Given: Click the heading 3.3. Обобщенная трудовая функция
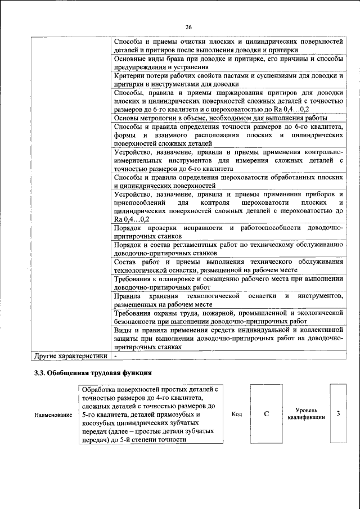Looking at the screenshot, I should tap(93, 372).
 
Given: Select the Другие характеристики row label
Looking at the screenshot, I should tap(70, 355).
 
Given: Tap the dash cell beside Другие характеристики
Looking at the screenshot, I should tap(115, 355).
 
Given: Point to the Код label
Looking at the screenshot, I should tap(237, 414).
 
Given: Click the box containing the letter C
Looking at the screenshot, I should tap(267, 414).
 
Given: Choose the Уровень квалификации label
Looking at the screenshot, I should tap(306, 414).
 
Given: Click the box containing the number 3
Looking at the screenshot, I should tap(338, 414).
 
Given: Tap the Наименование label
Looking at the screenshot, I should tap(53, 415).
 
